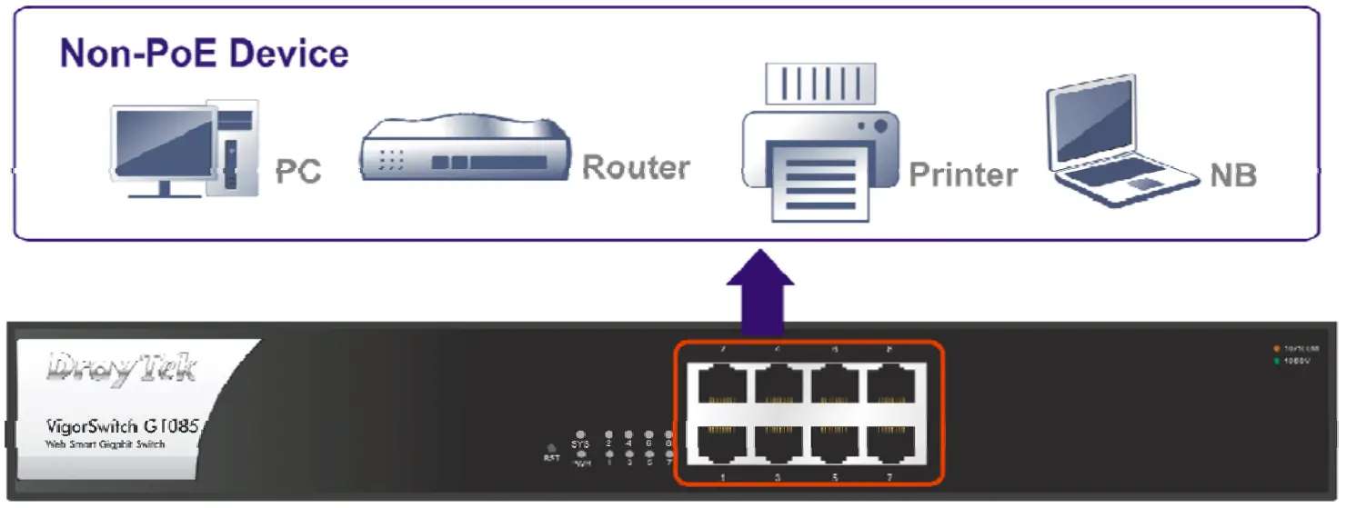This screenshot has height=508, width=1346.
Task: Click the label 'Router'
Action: click(635, 168)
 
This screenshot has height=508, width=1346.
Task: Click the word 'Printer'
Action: click(962, 174)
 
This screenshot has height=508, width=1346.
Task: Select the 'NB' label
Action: click(1232, 174)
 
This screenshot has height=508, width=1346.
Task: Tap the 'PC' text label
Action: click(298, 171)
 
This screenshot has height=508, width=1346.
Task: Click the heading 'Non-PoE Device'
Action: click(205, 54)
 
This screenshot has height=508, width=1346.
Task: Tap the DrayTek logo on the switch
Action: click(122, 369)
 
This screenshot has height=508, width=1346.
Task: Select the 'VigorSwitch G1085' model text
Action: click(122, 425)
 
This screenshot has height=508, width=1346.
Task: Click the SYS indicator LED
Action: click(581, 434)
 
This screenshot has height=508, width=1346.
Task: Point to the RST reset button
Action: click(550, 447)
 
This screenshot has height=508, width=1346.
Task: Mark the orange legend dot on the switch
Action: click(1278, 349)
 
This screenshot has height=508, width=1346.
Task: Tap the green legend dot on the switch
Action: click(1278, 361)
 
